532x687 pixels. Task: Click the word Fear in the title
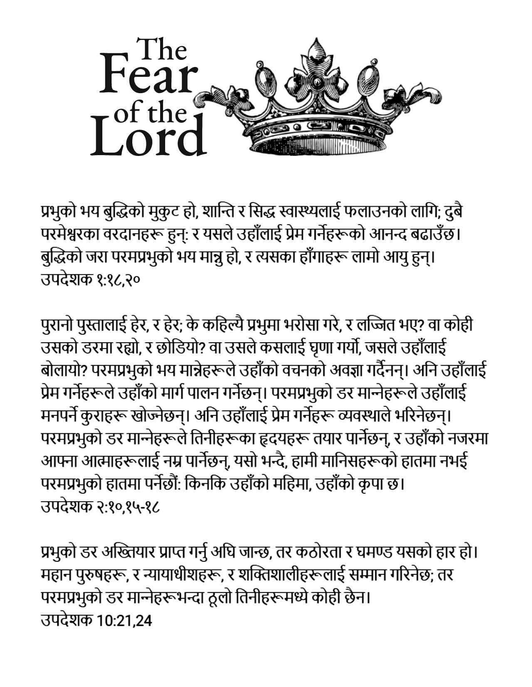point(148,77)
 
